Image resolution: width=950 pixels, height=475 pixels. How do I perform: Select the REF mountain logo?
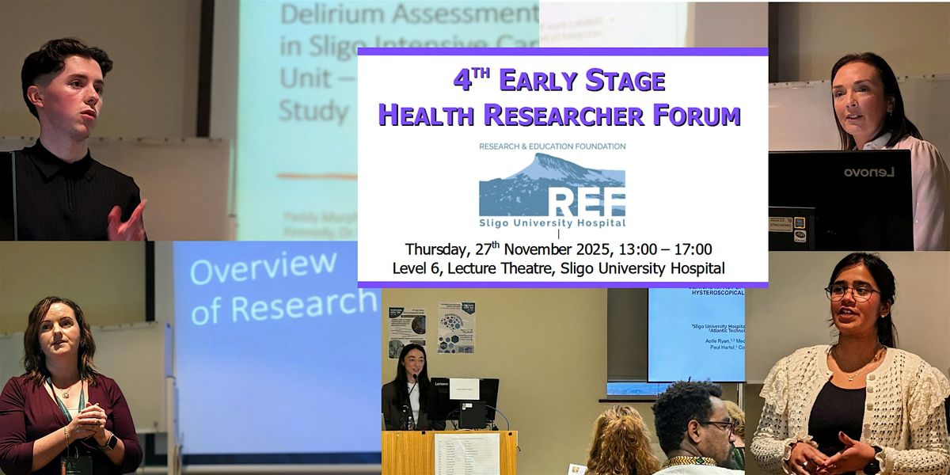click(x=552, y=185)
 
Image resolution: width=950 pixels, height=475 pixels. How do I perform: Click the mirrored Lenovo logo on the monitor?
click(x=868, y=172)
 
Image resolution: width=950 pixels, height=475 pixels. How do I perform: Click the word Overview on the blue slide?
click(x=263, y=268)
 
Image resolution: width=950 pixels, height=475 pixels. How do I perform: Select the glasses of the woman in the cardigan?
click(x=852, y=292)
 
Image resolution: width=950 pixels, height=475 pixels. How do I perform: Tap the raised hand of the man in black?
click(x=128, y=222)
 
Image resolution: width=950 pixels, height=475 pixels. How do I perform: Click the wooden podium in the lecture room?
click(x=449, y=452)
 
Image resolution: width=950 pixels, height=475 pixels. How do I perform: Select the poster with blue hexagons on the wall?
click(x=456, y=327)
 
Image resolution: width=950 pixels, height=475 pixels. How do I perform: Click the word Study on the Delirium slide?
click(x=313, y=110)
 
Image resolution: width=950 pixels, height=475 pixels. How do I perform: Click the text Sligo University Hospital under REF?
click(x=552, y=222)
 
